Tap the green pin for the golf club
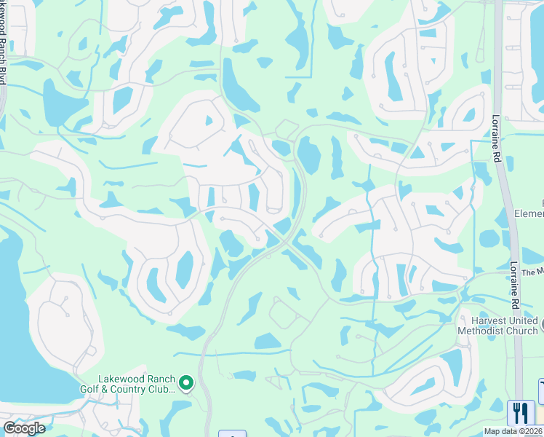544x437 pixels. click(187, 382)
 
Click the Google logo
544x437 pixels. click(23, 428)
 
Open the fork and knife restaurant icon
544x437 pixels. click(521, 413)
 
